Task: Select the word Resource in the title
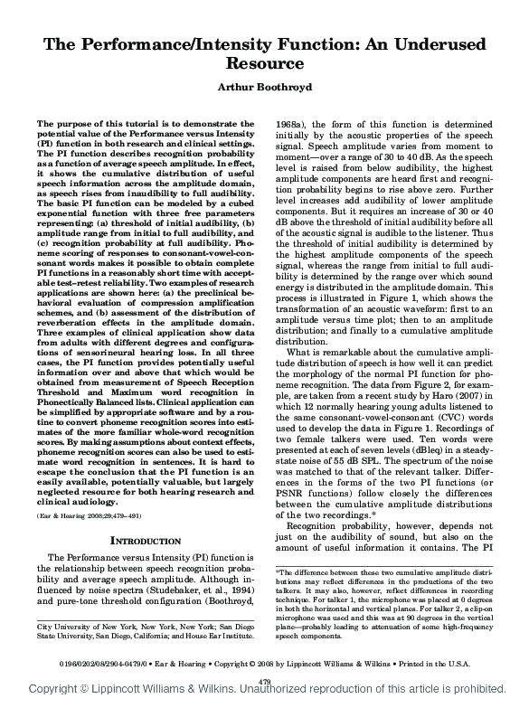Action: [x=264, y=64]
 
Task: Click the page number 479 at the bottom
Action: [x=265, y=681]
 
